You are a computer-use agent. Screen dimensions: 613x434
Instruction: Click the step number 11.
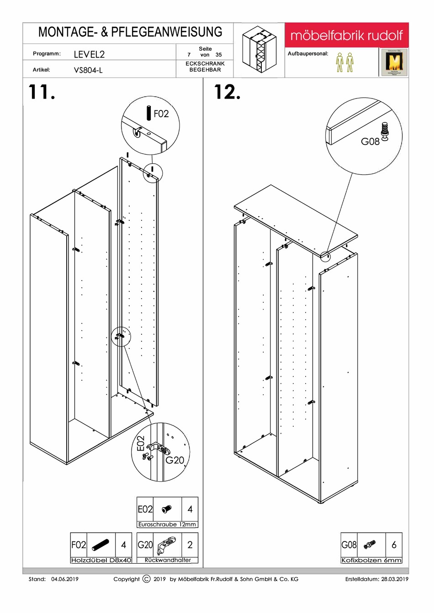click(42, 92)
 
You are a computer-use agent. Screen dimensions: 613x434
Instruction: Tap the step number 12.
click(227, 92)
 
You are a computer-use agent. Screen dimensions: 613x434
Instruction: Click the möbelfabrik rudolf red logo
click(346, 35)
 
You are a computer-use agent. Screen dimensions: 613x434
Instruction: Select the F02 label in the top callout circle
click(161, 114)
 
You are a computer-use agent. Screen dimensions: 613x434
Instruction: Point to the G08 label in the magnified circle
click(370, 141)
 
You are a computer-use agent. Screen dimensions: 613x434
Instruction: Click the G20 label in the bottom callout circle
click(175, 460)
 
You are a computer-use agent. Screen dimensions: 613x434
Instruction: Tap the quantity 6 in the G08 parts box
click(394, 545)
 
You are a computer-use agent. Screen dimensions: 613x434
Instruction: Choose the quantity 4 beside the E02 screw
click(190, 509)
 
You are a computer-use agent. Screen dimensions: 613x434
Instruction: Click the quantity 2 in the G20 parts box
click(190, 545)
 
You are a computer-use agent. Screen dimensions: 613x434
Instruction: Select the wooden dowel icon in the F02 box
click(101, 545)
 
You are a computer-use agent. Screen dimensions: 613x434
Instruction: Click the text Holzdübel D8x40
click(101, 560)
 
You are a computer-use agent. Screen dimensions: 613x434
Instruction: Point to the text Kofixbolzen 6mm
click(371, 560)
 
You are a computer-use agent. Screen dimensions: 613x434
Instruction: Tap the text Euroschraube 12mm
click(167, 525)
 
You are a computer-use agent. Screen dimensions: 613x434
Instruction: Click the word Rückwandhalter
click(168, 560)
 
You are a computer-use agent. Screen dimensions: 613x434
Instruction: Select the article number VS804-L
click(88, 70)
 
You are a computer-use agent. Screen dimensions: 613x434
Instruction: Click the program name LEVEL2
click(89, 54)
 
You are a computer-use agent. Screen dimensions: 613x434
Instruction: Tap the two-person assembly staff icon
click(344, 62)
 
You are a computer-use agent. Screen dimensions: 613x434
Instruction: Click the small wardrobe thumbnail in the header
click(259, 49)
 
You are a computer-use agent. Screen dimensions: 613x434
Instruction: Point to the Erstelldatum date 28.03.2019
click(395, 579)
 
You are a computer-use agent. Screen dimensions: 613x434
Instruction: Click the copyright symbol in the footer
click(146, 579)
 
